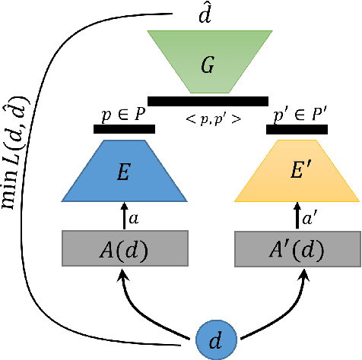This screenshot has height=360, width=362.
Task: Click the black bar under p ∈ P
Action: point(124,129)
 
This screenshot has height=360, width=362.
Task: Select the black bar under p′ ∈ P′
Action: point(297,129)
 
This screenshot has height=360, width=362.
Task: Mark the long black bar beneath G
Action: point(208,101)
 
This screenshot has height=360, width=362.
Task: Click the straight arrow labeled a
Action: point(124,216)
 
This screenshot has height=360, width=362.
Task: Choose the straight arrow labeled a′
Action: point(297,216)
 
